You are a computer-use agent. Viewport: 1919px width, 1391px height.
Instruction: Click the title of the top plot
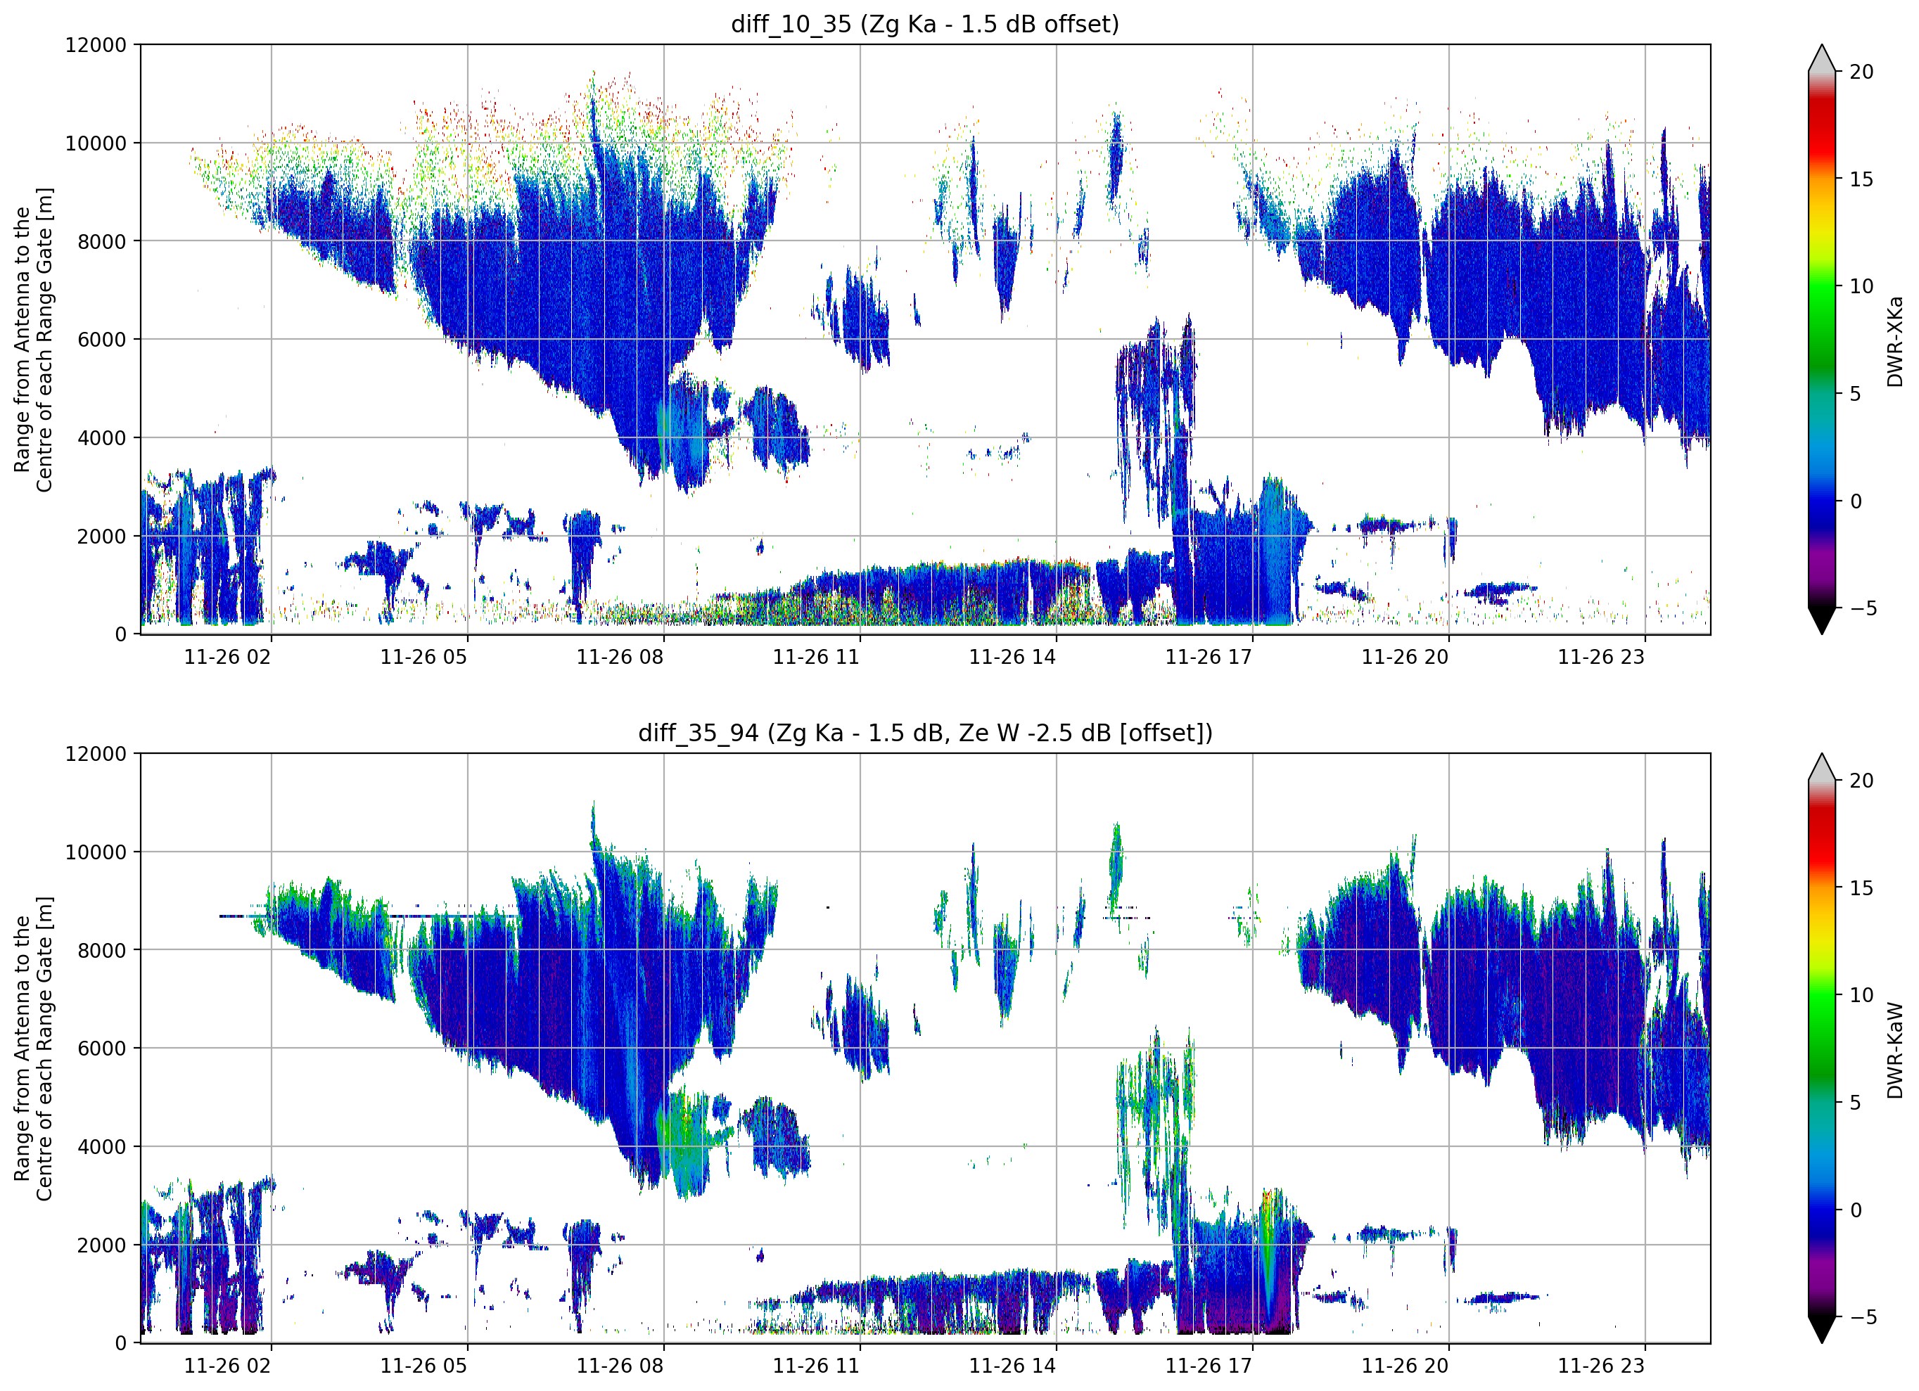[x=925, y=25]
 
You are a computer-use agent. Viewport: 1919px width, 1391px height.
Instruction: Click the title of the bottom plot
[x=925, y=733]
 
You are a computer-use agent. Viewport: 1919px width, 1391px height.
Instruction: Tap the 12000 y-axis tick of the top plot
[x=96, y=45]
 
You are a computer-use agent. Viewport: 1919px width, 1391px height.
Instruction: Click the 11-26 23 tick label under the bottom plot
[x=1601, y=1366]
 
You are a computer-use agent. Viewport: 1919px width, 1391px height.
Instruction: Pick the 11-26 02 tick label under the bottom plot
[x=228, y=1366]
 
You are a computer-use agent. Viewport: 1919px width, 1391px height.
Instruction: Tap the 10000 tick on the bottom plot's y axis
[x=96, y=852]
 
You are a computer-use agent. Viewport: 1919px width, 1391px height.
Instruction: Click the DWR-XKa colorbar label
[x=1894, y=341]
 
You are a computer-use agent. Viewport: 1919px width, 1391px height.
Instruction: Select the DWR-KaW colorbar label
[x=1894, y=1050]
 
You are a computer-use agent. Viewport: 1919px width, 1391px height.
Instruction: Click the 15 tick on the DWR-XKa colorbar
[x=1861, y=179]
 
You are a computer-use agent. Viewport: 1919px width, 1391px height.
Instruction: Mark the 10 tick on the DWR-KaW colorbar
[x=1861, y=995]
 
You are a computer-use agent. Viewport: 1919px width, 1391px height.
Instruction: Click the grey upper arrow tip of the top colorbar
[x=1822, y=46]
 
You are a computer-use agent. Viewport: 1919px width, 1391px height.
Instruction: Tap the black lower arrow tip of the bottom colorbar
[x=1822, y=1342]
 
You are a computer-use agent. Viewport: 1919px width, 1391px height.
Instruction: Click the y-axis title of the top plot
[x=33, y=339]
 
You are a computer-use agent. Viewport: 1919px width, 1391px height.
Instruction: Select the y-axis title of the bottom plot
[x=33, y=1049]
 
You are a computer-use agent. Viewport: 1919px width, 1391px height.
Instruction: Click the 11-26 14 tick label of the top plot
[x=1012, y=658]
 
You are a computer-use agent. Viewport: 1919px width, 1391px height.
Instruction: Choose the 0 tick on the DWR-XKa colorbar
[x=1856, y=501]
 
